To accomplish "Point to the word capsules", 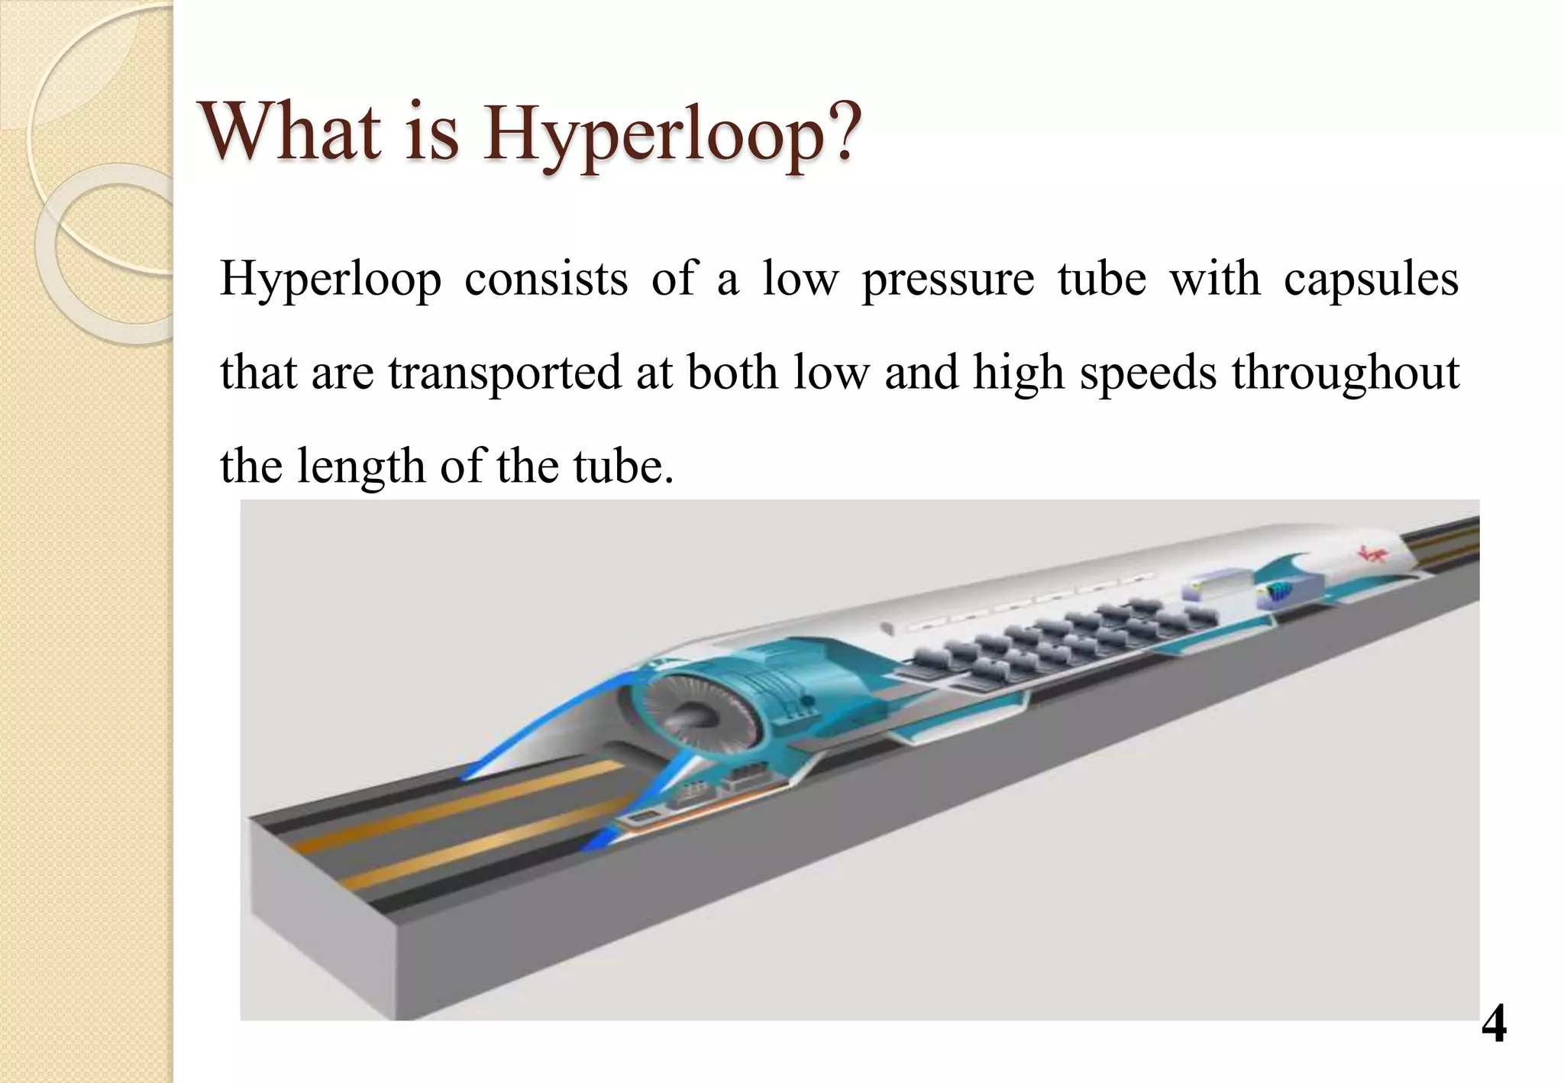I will point(1371,280).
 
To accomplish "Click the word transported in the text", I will point(505,374).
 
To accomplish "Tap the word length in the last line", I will point(360,467).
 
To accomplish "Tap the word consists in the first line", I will point(546,280).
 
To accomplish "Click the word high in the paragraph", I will point(1018,374).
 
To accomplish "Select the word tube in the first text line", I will point(1101,280).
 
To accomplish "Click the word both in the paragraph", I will point(732,373).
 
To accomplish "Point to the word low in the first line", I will point(800,280).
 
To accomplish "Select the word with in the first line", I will point(1215,280).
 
